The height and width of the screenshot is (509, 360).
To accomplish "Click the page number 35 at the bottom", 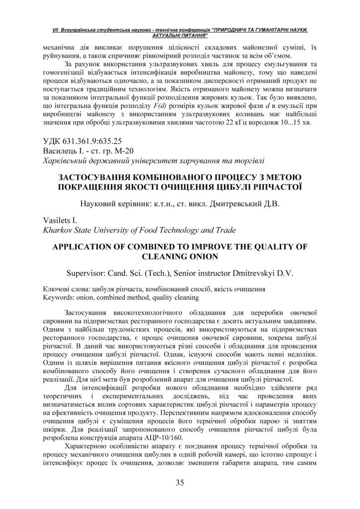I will coord(180,482).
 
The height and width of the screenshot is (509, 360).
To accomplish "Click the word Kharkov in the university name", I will coord(58,230).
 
